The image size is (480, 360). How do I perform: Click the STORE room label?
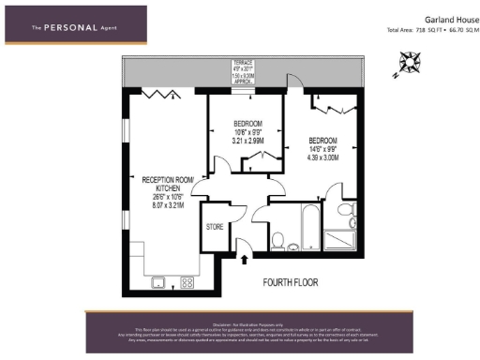(215, 227)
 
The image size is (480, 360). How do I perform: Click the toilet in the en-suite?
(352, 223)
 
